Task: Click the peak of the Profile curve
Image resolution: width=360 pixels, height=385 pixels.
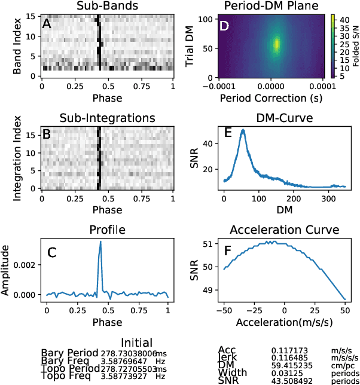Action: click(x=100, y=242)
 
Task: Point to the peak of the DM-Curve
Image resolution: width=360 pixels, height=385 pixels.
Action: click(x=243, y=130)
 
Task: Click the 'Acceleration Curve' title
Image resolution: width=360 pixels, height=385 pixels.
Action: click(x=284, y=230)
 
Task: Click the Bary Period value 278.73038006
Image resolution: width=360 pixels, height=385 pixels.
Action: click(x=116, y=353)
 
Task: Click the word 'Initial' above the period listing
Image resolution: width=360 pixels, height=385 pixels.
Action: click(x=136, y=343)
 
